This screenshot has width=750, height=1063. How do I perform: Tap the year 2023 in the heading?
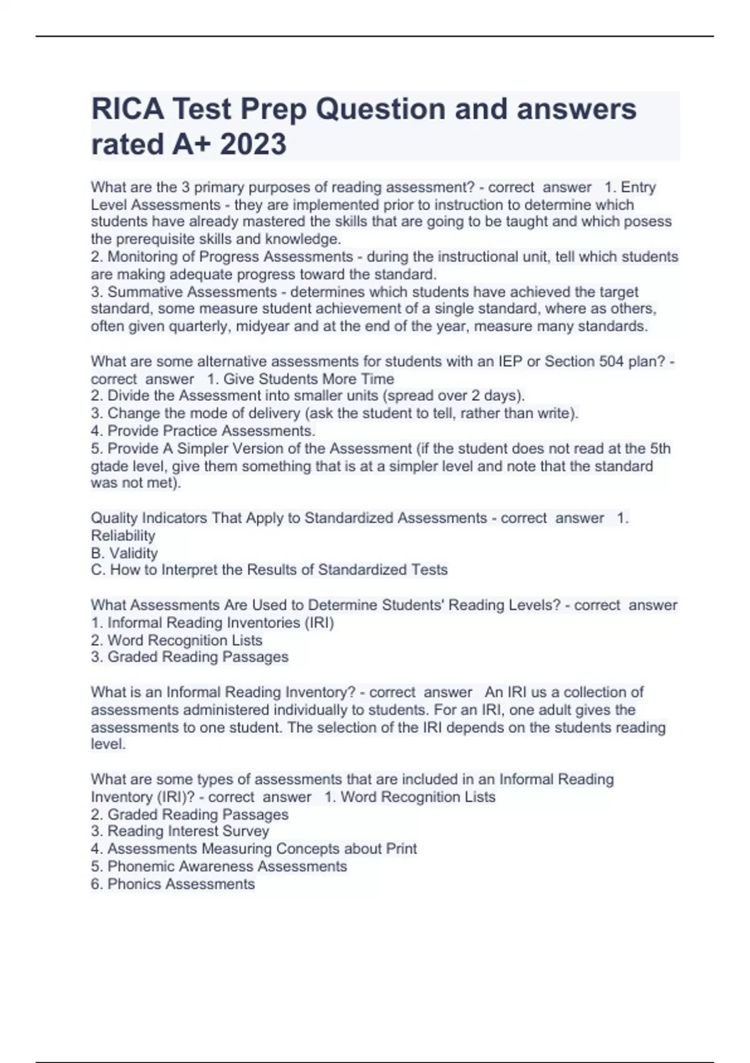pos(253,144)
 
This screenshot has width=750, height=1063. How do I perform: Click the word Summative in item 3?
pos(146,292)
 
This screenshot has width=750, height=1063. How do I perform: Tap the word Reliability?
pos(122,536)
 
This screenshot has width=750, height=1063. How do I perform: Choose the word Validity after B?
pos(134,553)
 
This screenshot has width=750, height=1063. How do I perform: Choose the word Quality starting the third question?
pos(114,518)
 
